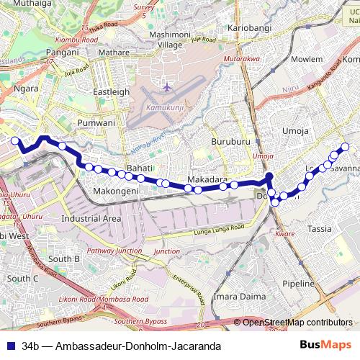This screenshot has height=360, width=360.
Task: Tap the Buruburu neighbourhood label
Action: coord(230,142)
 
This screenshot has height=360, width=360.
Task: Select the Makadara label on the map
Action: coord(207,179)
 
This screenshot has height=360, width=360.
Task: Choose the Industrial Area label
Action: coord(91,218)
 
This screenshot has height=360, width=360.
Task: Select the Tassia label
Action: coord(320,229)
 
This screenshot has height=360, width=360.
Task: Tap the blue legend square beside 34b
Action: coord(9,346)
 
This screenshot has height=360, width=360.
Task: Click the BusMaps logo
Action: coord(325,345)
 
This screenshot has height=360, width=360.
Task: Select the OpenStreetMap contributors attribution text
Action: coord(297,323)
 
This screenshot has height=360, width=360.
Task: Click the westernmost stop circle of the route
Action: coord(14,140)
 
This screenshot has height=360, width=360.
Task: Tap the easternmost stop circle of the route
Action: coord(345,147)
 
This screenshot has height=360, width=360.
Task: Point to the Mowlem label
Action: coord(306,59)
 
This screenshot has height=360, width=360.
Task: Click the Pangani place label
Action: coord(61,53)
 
